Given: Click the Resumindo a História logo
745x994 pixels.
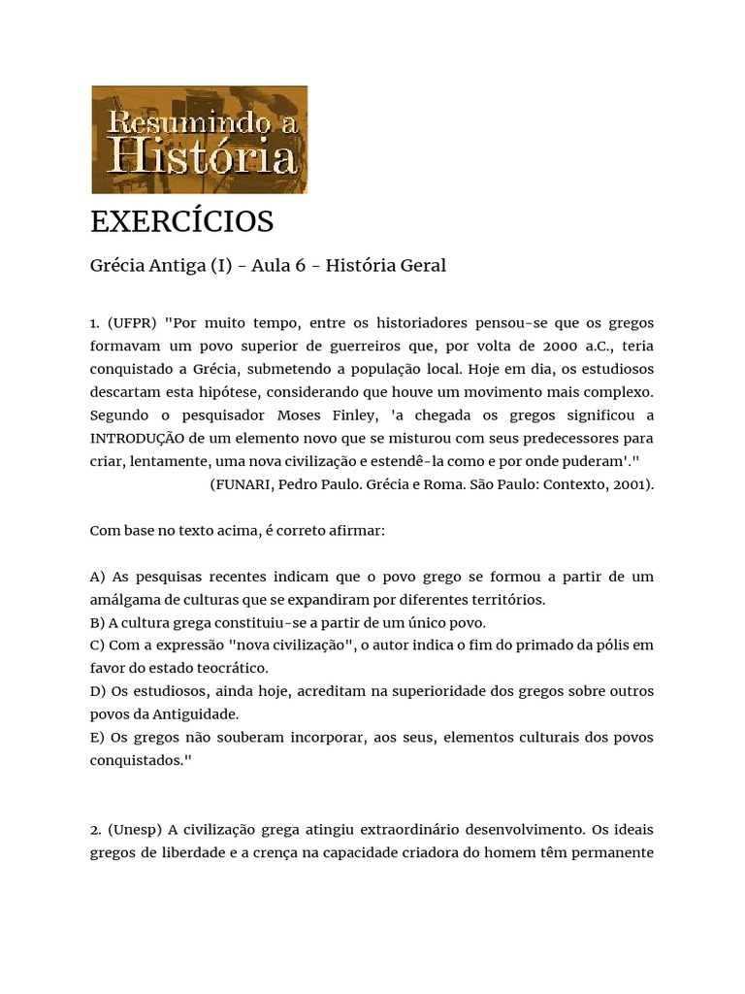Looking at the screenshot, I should click(199, 140).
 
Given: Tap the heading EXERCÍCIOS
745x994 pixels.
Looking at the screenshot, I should click(182, 221).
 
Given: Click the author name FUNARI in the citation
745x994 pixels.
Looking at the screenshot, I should click(243, 484).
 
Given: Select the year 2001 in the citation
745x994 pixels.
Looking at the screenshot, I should click(629, 484).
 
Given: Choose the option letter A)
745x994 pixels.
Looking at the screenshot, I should click(99, 577).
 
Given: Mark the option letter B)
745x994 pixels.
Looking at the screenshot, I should click(98, 622).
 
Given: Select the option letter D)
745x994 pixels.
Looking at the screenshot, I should click(99, 691).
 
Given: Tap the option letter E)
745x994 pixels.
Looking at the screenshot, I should click(98, 737).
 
